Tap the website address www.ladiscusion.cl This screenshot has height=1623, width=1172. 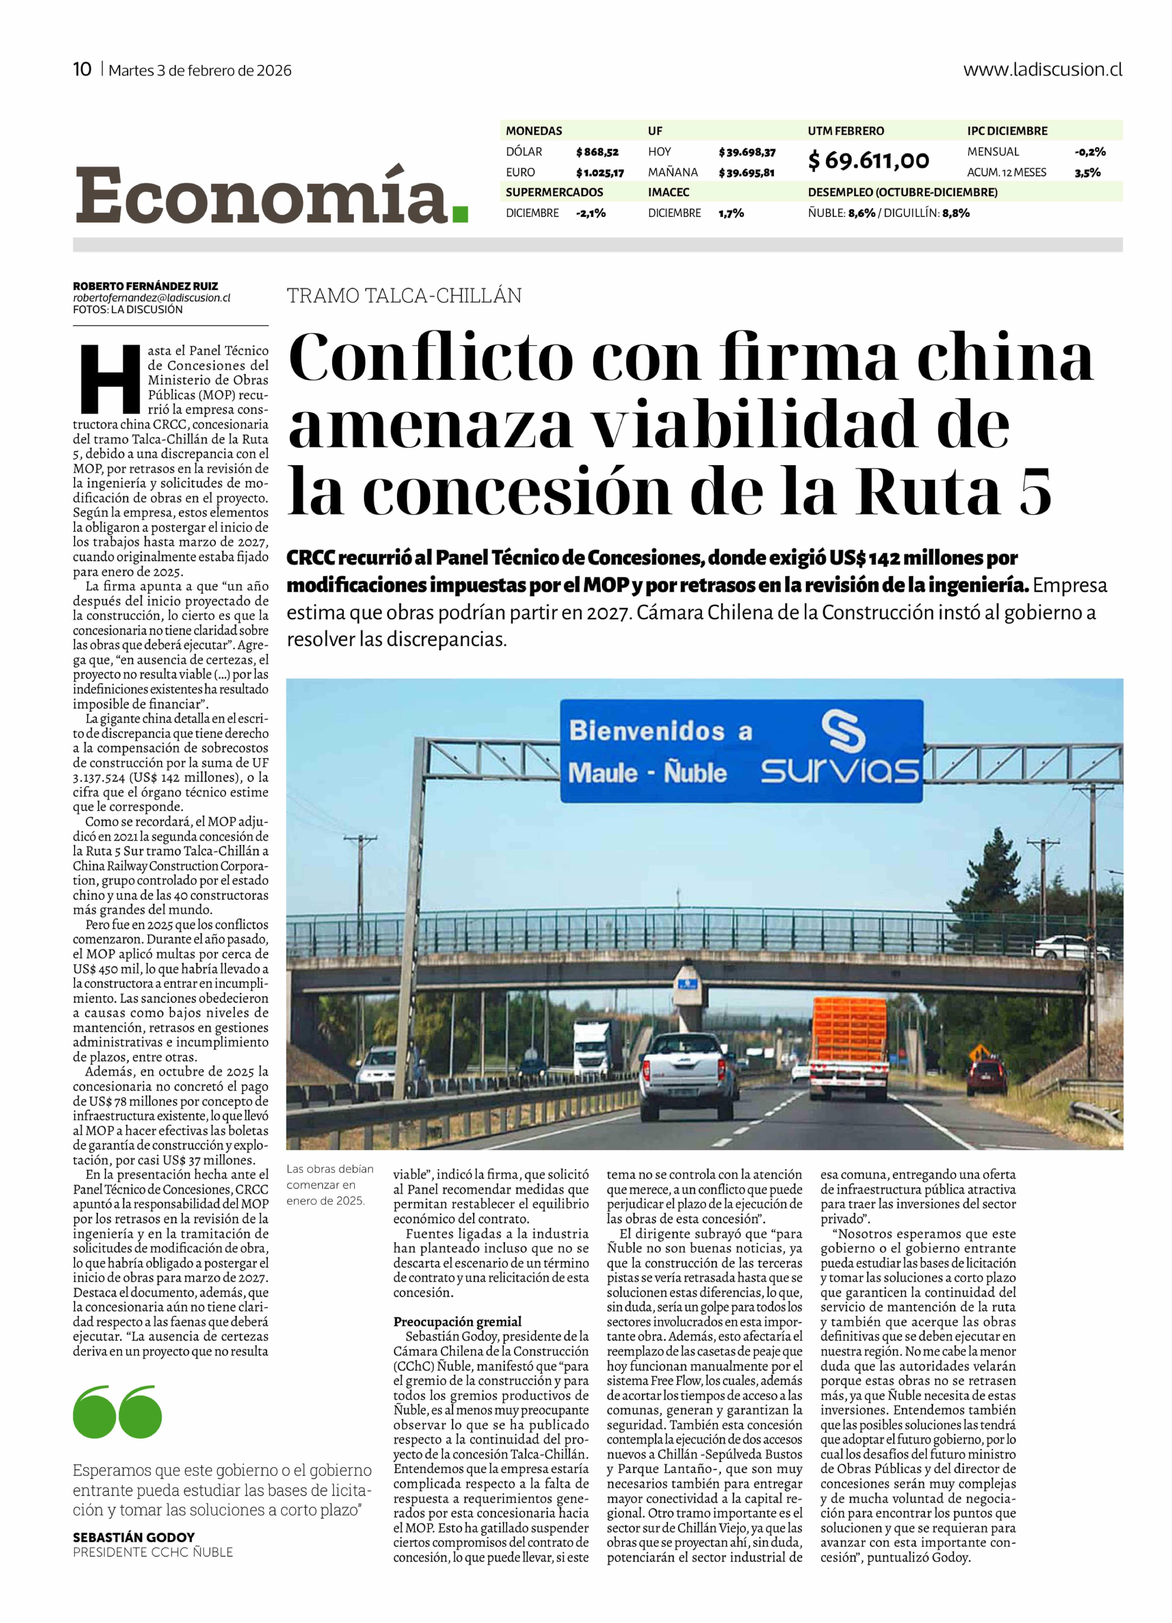(x=1042, y=69)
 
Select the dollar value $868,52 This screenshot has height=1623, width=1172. (x=597, y=152)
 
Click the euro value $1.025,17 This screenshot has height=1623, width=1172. (x=600, y=172)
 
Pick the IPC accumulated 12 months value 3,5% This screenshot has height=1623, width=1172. (x=1087, y=172)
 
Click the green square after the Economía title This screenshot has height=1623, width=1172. (x=460, y=214)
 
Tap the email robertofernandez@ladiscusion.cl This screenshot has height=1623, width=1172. (x=152, y=298)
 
